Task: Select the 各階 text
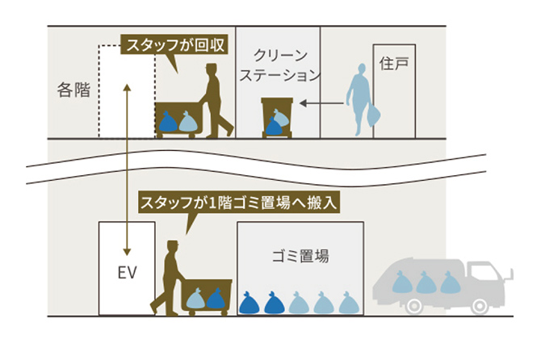click(73, 90)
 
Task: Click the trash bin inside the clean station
click(275, 117)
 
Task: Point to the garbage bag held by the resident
click(373, 115)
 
